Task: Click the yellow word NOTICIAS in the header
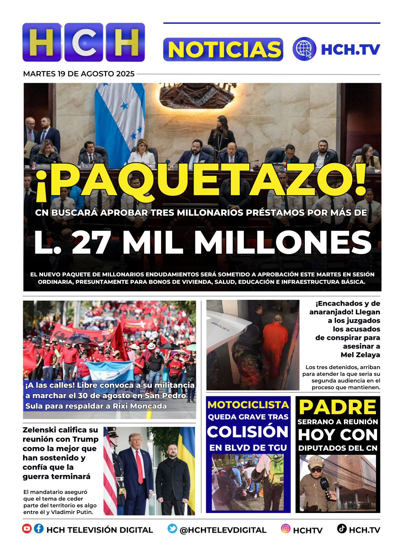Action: pyautogui.click(x=223, y=50)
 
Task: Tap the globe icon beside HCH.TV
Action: pyautogui.click(x=304, y=49)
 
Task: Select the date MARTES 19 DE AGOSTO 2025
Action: pyautogui.click(x=79, y=74)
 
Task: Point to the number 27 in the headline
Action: pyautogui.click(x=91, y=242)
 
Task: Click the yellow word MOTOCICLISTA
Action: pyautogui.click(x=248, y=405)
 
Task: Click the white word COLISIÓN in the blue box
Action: pyautogui.click(x=248, y=432)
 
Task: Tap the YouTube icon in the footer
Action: pyautogui.click(x=27, y=529)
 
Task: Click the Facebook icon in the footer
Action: pyautogui.click(x=39, y=529)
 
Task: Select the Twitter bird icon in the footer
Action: pyautogui.click(x=172, y=529)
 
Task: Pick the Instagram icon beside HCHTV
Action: pyautogui.click(x=285, y=529)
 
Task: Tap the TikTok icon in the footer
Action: pyautogui.click(x=342, y=529)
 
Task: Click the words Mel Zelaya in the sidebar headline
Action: pyautogui.click(x=360, y=355)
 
